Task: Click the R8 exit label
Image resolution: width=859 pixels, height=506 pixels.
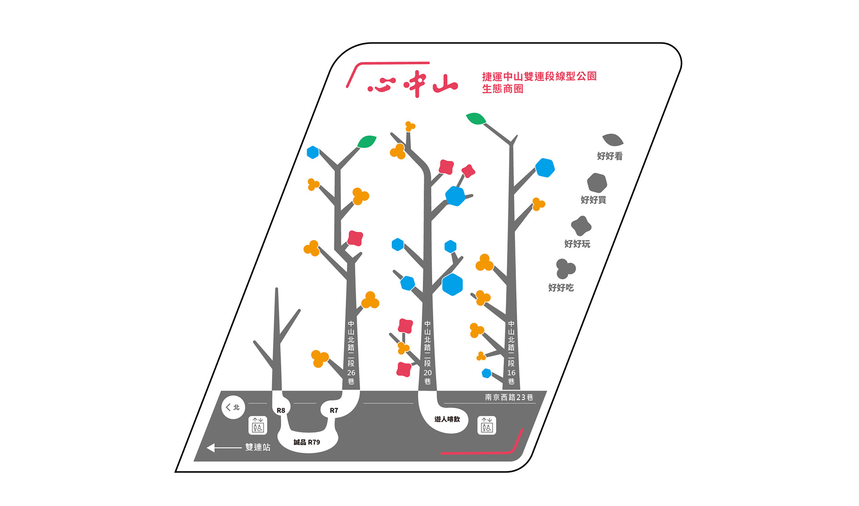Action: pyautogui.click(x=281, y=410)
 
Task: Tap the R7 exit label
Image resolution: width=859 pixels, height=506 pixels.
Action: pyautogui.click(x=334, y=410)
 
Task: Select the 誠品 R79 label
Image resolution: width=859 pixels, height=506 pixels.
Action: pyautogui.click(x=307, y=442)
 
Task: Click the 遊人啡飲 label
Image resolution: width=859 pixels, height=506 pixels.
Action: pyautogui.click(x=447, y=419)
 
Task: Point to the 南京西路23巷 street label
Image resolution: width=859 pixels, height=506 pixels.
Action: pyautogui.click(x=509, y=397)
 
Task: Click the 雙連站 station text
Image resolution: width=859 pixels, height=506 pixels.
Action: pyautogui.click(x=258, y=447)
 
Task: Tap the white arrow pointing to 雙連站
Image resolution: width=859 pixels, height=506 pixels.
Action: pyautogui.click(x=224, y=447)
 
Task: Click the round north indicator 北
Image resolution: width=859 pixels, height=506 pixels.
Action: pyautogui.click(x=233, y=407)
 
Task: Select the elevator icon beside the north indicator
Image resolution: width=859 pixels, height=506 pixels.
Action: pyautogui.click(x=258, y=425)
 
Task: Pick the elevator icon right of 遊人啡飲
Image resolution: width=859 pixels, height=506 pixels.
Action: pyautogui.click(x=487, y=425)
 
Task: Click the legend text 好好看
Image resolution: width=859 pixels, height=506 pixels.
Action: pyautogui.click(x=609, y=156)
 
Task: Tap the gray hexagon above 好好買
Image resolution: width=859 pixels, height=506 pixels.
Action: pyautogui.click(x=597, y=183)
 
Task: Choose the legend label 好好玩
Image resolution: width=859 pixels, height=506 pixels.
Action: pyautogui.click(x=577, y=244)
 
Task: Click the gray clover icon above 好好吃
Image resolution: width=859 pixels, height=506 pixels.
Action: pyautogui.click(x=565, y=269)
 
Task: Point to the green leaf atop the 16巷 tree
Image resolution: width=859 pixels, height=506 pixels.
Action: pyautogui.click(x=476, y=118)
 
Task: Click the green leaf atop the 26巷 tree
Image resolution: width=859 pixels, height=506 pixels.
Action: pyautogui.click(x=367, y=141)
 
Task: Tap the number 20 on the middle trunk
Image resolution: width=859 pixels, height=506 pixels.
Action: pyautogui.click(x=428, y=373)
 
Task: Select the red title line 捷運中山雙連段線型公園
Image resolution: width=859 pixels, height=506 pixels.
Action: pyautogui.click(x=539, y=76)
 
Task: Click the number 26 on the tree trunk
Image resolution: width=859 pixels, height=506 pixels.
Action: pyautogui.click(x=351, y=373)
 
